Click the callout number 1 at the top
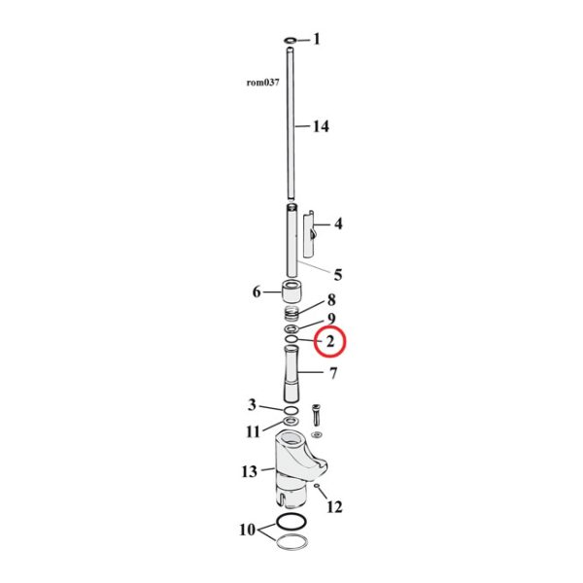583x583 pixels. click(x=316, y=40)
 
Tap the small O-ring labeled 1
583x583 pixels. click(x=291, y=41)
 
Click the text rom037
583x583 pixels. click(x=262, y=83)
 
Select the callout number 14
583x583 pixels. click(x=320, y=126)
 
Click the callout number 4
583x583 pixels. click(x=338, y=223)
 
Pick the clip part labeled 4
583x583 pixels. click(x=310, y=232)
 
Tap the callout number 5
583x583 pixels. click(x=337, y=274)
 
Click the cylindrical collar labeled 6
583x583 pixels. click(x=290, y=291)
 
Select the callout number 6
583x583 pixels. click(x=257, y=291)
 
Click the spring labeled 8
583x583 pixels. click(x=290, y=314)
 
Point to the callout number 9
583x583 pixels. click(x=330, y=319)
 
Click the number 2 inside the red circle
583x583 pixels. click(x=329, y=341)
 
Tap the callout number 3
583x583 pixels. click(x=252, y=405)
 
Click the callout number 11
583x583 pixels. click(x=253, y=430)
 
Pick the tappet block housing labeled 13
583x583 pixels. click(x=291, y=466)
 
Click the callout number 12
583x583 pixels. click(x=335, y=505)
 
